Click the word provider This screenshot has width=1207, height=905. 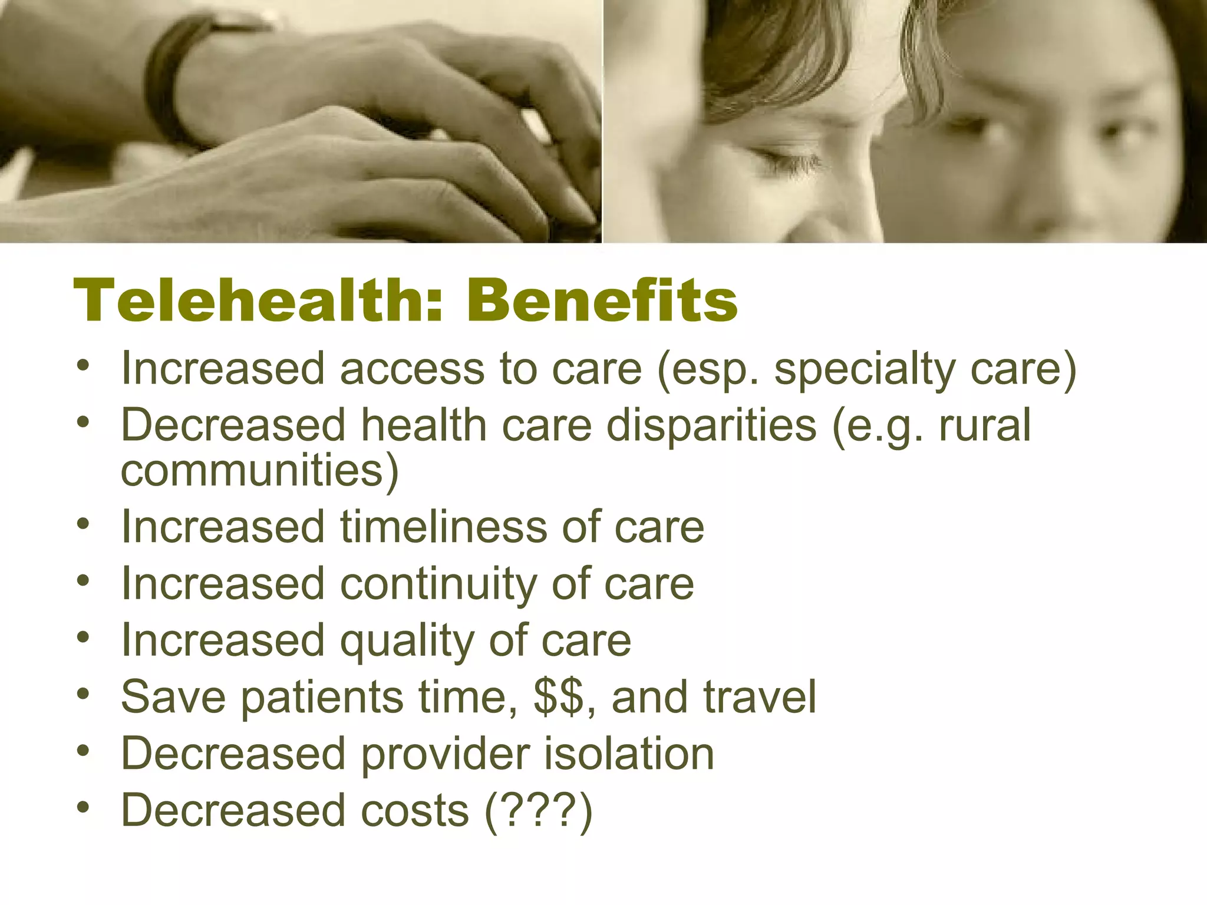[x=445, y=754]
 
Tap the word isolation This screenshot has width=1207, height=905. [x=628, y=754]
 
